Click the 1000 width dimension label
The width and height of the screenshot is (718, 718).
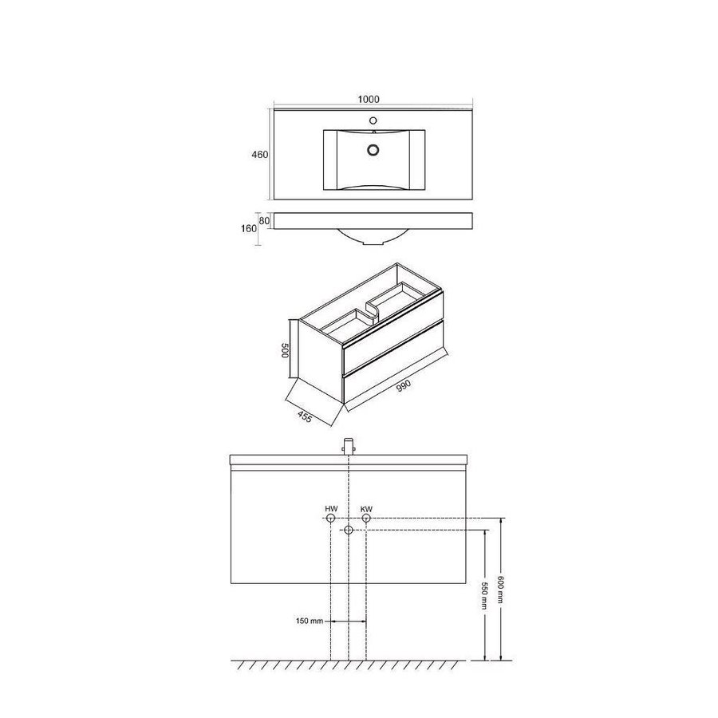pyautogui.click(x=369, y=100)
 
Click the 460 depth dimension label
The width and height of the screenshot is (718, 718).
pyautogui.click(x=259, y=155)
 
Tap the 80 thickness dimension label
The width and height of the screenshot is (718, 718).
pyautogui.click(x=265, y=220)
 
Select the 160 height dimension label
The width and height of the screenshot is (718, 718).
pyautogui.click(x=249, y=228)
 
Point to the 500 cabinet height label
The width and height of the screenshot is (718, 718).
pyautogui.click(x=284, y=350)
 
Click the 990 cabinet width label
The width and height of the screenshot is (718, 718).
pyautogui.click(x=404, y=385)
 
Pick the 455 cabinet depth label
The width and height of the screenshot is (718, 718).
pyautogui.click(x=305, y=417)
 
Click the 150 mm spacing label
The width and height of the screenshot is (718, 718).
pyautogui.click(x=309, y=621)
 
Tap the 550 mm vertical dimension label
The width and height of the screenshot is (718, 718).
pyautogui.click(x=484, y=595)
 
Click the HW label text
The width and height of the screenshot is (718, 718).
pyautogui.click(x=330, y=509)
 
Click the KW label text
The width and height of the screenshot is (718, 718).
pyautogui.click(x=366, y=509)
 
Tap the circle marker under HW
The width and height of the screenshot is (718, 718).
pyautogui.click(x=330, y=519)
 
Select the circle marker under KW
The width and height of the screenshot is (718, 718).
pyautogui.click(x=366, y=519)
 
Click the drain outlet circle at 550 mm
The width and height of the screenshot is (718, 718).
pyautogui.click(x=349, y=531)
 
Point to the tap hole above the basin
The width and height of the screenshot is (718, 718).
pyautogui.click(x=373, y=120)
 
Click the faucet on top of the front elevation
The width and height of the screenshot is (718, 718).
pyautogui.click(x=349, y=446)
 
